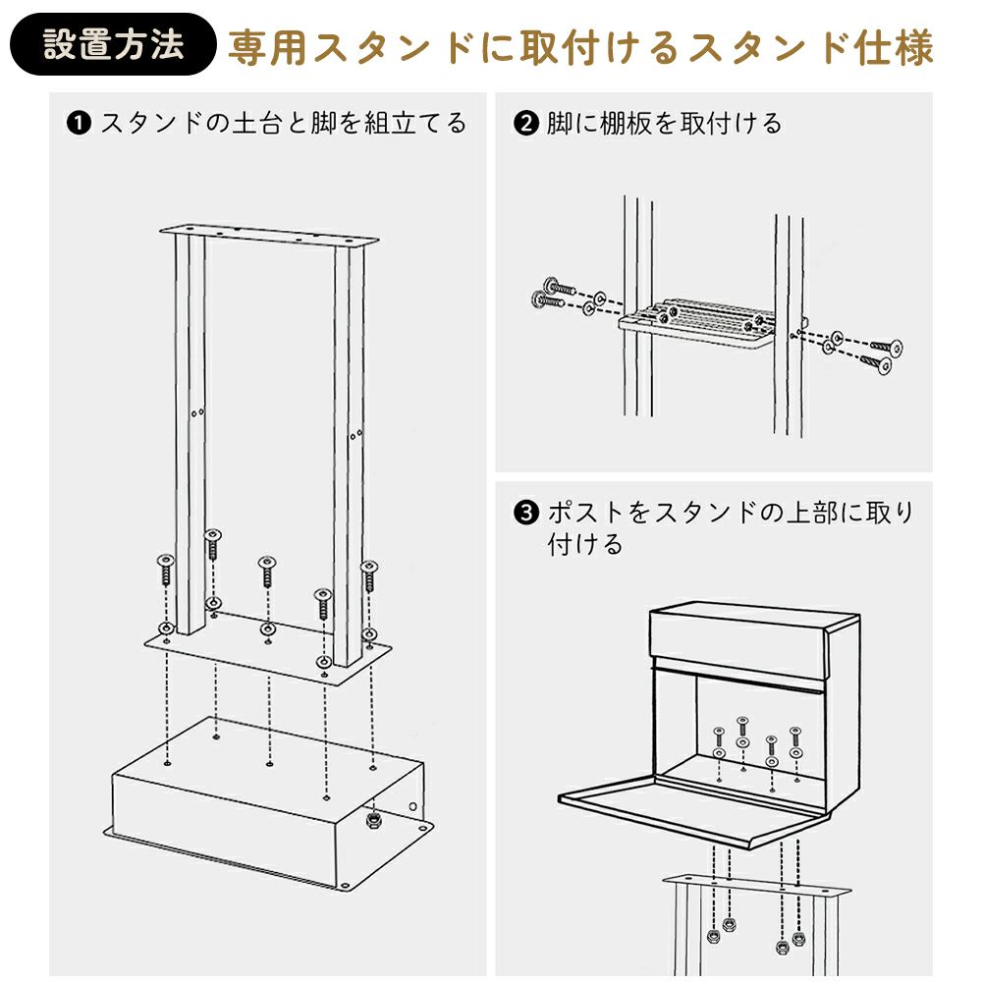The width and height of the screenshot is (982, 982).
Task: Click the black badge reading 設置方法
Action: click(x=113, y=45)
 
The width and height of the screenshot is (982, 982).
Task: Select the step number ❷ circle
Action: click(x=526, y=124)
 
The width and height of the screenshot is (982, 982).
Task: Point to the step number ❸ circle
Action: click(x=526, y=513)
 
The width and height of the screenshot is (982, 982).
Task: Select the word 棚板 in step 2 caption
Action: click(x=640, y=124)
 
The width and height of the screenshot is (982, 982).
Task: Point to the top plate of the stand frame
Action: click(x=269, y=236)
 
